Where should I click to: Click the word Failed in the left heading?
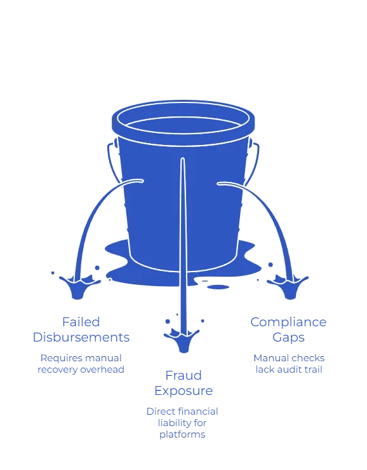pos(81,322)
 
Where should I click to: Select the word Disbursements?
pos(81,337)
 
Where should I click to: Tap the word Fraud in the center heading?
pos(183,375)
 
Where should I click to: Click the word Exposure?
pos(183,391)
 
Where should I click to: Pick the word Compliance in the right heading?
pos(288,322)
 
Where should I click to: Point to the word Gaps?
pos(288,338)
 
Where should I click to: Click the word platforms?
pos(182,434)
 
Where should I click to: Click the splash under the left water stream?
pos(79,286)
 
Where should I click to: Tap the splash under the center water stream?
pos(182,340)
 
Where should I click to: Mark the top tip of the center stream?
pos(182,158)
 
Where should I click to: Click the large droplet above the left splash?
pos(97,268)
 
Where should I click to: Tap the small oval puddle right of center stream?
pos(218,287)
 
